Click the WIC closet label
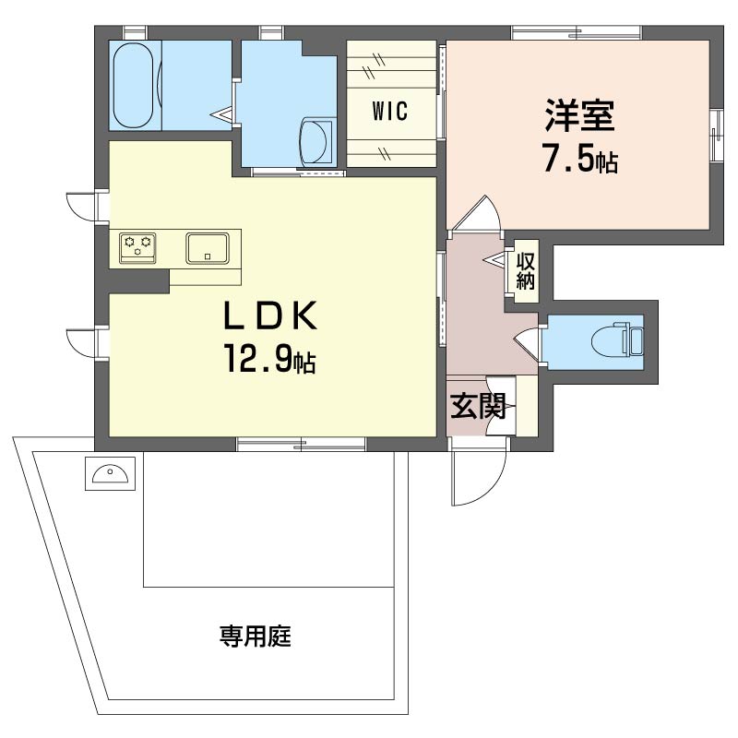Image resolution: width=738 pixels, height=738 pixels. [389, 112]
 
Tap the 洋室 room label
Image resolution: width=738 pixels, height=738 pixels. [580, 114]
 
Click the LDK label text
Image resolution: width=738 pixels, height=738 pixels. [269, 315]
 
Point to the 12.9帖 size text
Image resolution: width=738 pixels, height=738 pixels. [269, 359]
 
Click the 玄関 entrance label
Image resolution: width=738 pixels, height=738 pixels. [478, 406]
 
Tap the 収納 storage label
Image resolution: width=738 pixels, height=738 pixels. [525, 270]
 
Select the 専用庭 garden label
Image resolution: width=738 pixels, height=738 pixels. [256, 637]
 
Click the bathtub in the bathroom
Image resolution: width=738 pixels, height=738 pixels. [133, 86]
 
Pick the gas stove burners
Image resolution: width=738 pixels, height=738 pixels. [137, 247]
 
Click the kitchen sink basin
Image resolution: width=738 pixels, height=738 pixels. [208, 247]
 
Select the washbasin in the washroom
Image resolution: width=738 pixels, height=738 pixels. [316, 141]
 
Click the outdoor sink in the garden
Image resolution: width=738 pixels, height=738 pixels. [110, 473]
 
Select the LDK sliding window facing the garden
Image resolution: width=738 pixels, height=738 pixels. [301, 443]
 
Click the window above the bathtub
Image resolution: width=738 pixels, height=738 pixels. [135, 33]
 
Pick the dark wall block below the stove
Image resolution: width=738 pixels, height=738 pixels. [139, 281]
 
